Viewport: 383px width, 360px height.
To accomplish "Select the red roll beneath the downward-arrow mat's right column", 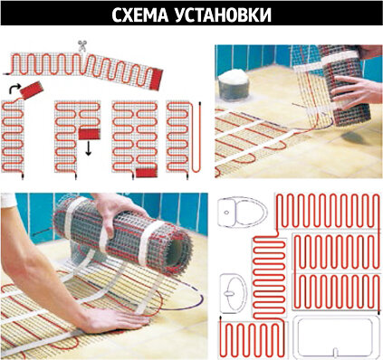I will click(90, 134).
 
